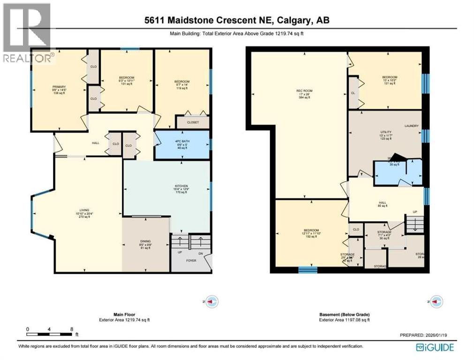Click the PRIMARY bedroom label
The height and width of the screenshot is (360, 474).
tap(59, 87)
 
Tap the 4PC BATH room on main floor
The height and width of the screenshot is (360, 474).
tap(182, 144)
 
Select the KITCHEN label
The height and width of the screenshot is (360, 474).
tap(181, 186)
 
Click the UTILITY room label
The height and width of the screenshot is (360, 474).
tap(385, 133)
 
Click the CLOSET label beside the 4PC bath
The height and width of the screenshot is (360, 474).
tap(193, 122)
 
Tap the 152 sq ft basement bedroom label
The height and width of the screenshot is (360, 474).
tap(311, 230)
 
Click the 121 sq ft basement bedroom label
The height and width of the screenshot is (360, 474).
tap(389, 77)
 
